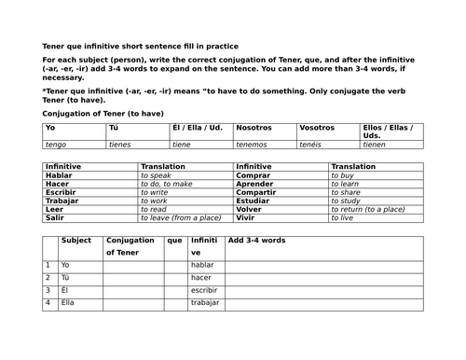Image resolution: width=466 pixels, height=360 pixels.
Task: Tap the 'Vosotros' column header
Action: click(317, 127)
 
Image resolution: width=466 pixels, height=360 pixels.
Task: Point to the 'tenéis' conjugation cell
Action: click(312, 145)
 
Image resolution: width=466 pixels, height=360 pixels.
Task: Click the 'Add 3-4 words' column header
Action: click(256, 241)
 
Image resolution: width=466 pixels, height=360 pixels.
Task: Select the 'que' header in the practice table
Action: click(174, 241)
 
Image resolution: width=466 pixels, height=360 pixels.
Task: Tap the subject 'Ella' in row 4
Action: click(67, 304)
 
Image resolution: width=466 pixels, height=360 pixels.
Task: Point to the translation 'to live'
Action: click(342, 217)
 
